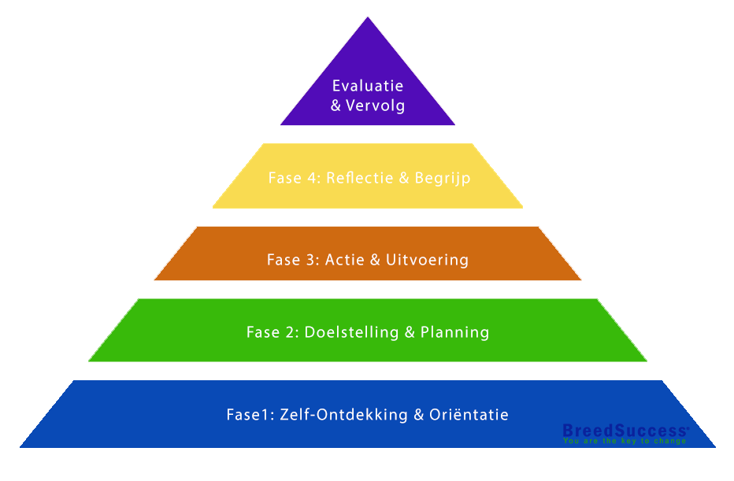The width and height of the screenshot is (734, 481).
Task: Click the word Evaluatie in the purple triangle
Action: coord(368,86)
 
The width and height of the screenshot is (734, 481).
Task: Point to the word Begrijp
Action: coord(443,178)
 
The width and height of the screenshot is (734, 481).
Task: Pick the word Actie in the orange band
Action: coord(344,260)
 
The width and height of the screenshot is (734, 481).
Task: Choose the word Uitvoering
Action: coord(427,260)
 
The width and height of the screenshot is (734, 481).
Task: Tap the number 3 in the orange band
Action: coord(313,260)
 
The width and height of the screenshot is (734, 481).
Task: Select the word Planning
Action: coord(455,332)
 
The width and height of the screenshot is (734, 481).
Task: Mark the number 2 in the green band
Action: coord(291,332)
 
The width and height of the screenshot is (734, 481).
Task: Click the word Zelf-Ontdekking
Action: coord(343,414)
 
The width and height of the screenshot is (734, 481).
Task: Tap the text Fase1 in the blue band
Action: coord(249,414)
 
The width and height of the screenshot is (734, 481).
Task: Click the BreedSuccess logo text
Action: coord(625,431)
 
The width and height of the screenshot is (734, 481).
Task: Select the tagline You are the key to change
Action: coord(624,441)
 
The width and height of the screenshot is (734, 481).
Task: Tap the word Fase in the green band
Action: coord(263,332)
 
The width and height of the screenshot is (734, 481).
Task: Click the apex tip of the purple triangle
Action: coord(368,20)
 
